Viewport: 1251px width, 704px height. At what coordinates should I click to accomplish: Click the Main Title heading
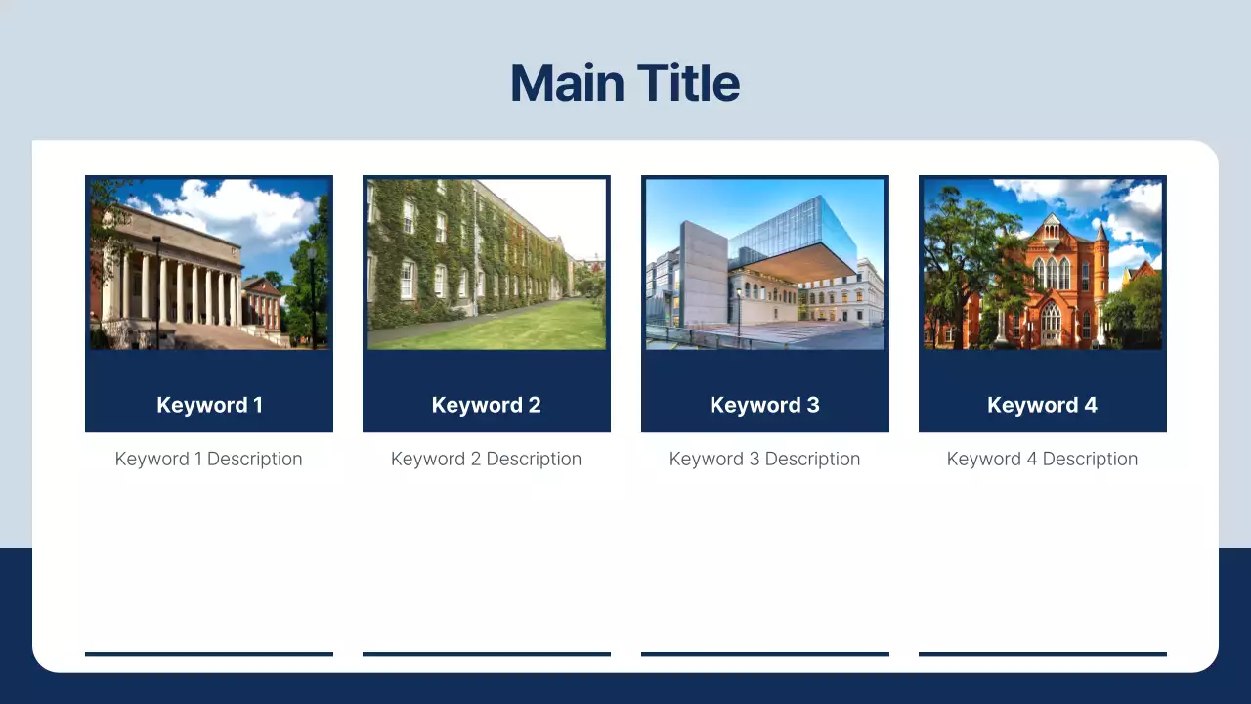[625, 82]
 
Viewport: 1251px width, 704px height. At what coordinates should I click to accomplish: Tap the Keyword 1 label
[209, 405]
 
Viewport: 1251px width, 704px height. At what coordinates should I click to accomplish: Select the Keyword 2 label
[486, 405]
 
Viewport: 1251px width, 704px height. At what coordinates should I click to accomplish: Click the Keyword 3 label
[764, 405]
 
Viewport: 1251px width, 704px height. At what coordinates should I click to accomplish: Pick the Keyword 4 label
[1042, 405]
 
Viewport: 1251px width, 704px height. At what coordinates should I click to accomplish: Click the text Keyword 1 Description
[208, 459]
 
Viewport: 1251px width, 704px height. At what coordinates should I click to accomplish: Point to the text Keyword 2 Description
[486, 459]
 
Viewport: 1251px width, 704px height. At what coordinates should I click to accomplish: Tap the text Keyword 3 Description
[764, 459]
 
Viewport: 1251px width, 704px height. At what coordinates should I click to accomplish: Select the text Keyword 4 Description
[1042, 459]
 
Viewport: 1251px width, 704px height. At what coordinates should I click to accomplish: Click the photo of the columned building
[209, 263]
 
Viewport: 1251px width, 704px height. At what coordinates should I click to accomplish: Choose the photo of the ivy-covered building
[486, 263]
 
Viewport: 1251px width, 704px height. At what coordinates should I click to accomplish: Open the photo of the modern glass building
[764, 263]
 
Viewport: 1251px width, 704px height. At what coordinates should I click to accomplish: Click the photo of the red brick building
[1042, 263]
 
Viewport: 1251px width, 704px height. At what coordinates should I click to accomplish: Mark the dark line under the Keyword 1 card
[209, 653]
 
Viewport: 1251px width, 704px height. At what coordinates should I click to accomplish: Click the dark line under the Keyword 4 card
[1042, 653]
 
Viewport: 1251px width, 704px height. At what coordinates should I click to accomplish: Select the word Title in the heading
[688, 82]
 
